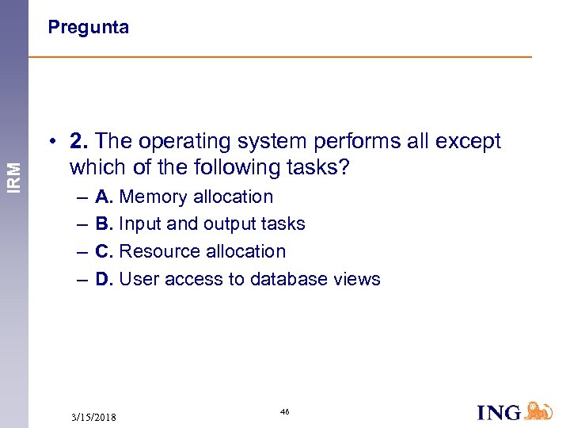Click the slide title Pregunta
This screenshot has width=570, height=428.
(x=88, y=28)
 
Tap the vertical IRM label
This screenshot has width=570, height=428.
(x=14, y=169)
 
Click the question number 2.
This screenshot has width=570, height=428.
(x=78, y=141)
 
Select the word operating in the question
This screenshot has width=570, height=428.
(x=180, y=141)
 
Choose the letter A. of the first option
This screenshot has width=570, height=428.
(x=104, y=197)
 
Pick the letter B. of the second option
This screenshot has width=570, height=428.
(x=104, y=224)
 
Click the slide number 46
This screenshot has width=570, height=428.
(x=285, y=411)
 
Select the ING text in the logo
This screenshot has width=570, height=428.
(x=499, y=412)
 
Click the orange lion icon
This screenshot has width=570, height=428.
(x=538, y=410)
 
